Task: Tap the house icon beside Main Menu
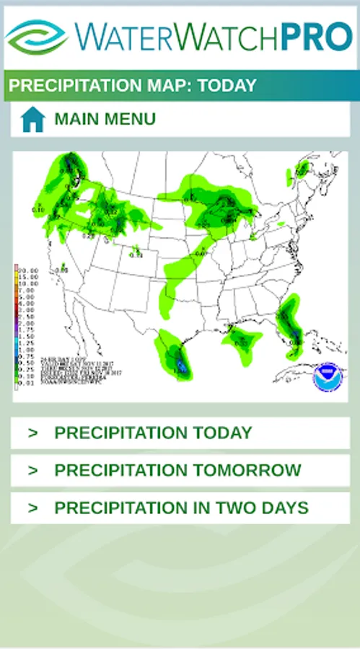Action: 33,119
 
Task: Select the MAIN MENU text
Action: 105,119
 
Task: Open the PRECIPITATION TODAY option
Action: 153,433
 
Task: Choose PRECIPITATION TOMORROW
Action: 177,470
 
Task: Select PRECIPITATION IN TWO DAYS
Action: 181,508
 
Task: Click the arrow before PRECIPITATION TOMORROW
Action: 32,470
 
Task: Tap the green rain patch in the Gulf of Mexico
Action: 241,337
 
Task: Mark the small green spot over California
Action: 63,265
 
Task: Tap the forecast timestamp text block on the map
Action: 72,369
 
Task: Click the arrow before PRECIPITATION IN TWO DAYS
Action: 32,508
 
